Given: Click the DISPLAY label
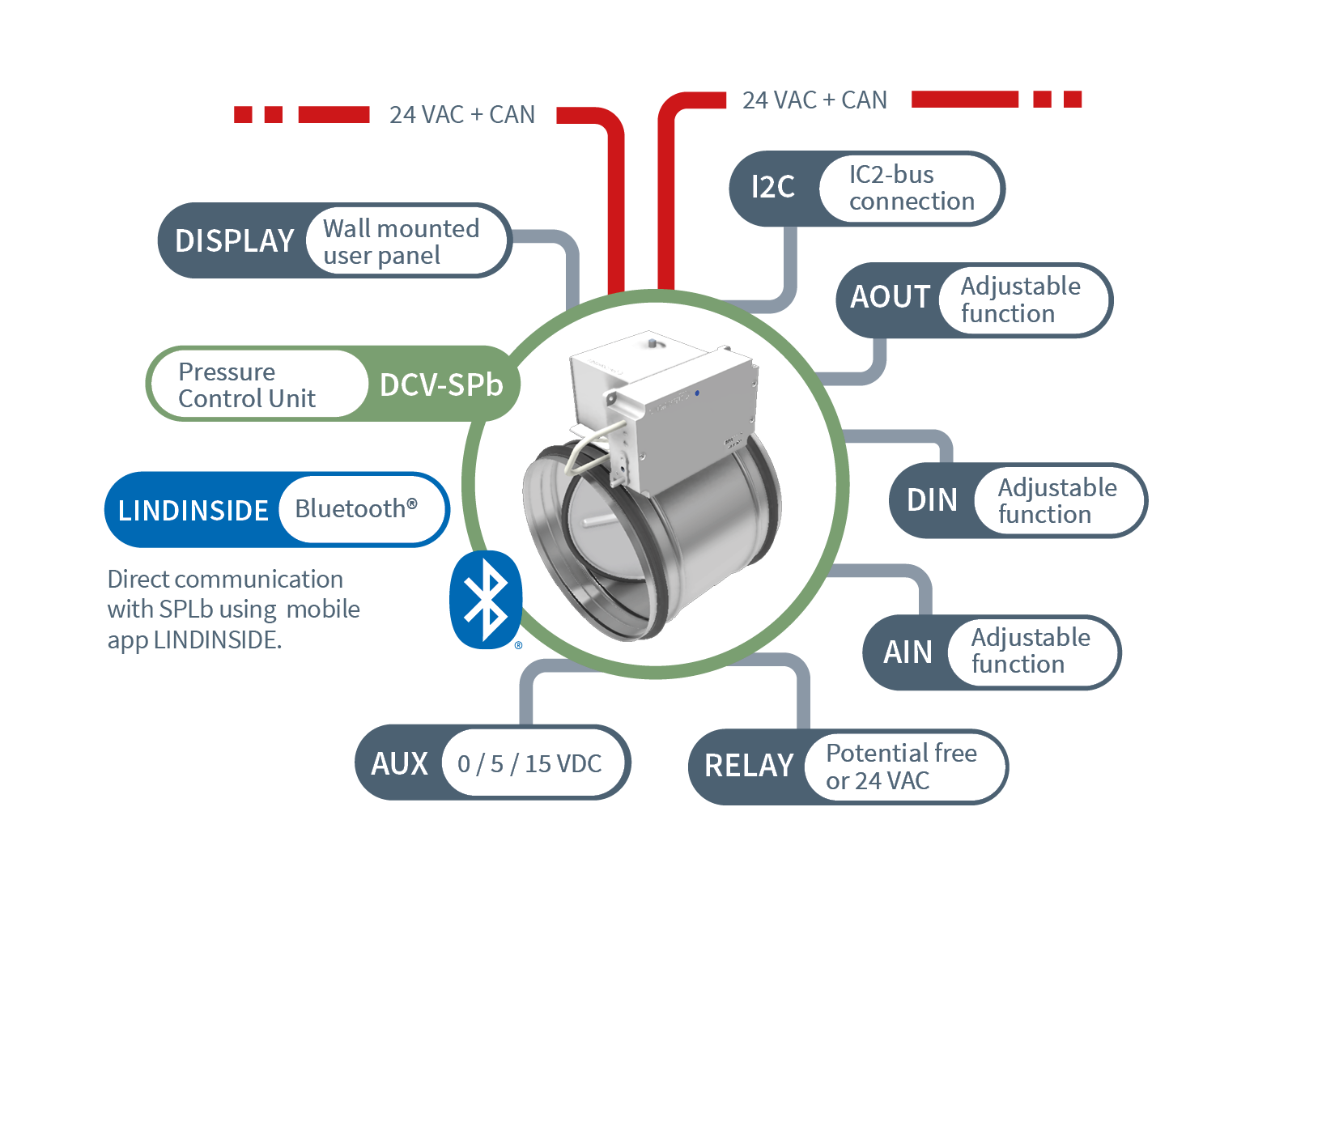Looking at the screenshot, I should tap(234, 241).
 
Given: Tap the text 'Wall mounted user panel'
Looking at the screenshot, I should tap(401, 242).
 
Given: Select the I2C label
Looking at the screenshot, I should tap(772, 188).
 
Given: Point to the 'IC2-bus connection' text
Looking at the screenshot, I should tap(911, 188).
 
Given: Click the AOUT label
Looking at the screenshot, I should tap(890, 298).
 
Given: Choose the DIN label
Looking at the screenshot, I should tap(932, 500).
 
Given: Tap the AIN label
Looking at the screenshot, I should tap(908, 652).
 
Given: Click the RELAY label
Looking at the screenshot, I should tap(749, 766).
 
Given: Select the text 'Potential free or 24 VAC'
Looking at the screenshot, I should tap(900, 767).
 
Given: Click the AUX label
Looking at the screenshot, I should tap(399, 763).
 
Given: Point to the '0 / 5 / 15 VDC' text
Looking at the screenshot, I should tap(529, 763).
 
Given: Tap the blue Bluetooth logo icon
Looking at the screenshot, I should tap(485, 600).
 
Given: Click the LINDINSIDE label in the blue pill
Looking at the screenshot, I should tap(193, 511).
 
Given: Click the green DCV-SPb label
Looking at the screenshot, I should tap(441, 385).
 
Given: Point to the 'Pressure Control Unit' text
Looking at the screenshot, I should tap(246, 385).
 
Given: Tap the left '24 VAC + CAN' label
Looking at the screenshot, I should tap(461, 115).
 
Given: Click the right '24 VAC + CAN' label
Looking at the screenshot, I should tap(814, 100).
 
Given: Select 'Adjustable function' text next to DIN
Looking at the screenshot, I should tap(1056, 501).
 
